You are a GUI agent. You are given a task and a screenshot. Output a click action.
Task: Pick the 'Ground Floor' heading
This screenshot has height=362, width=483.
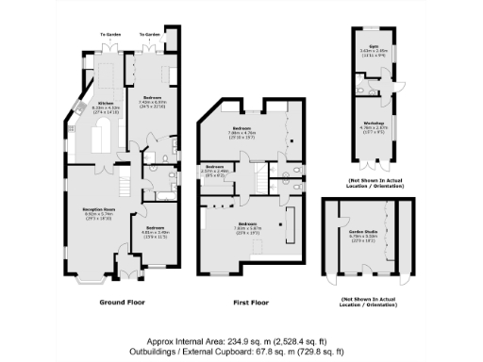pos(120,303)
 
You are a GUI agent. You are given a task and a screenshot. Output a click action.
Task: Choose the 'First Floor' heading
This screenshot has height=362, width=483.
pos(251,303)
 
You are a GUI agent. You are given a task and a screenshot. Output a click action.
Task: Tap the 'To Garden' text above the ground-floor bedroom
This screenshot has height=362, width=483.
pos(151,34)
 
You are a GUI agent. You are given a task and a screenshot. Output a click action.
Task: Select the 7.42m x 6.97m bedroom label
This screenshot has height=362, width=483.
pos(152,99)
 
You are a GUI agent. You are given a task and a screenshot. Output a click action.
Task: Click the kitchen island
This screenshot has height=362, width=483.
pos(98,141)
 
